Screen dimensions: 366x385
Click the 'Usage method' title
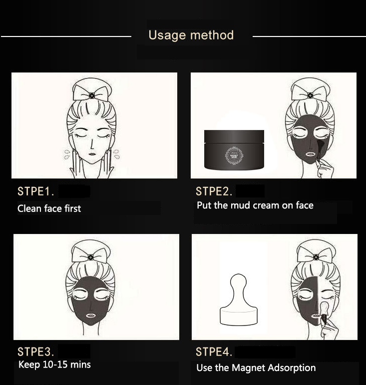[x=191, y=35]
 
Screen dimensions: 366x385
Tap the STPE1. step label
[x=36, y=191]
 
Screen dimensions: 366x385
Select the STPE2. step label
[x=214, y=191]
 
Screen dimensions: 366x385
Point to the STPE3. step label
[x=36, y=351]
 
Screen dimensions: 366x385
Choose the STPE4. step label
[x=214, y=351]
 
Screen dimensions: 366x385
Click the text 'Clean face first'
[x=49, y=208]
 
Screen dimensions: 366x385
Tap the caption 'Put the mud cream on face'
[x=255, y=205]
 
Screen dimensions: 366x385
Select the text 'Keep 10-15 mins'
[x=54, y=364]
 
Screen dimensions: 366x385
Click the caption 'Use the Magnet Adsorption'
[x=256, y=367]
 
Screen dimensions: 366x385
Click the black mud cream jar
[x=234, y=150]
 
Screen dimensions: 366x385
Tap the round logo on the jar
[x=234, y=155]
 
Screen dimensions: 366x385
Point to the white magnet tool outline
[x=239, y=299]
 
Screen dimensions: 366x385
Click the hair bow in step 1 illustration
[x=91, y=93]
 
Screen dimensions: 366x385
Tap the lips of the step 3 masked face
[x=90, y=315]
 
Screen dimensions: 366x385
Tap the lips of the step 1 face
[x=92, y=153]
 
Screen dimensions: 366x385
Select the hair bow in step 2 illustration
[x=310, y=93]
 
